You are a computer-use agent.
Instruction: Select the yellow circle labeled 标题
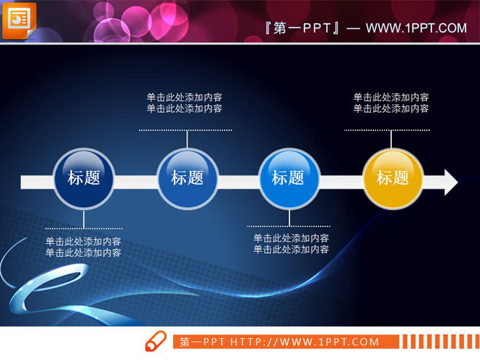click(x=393, y=178)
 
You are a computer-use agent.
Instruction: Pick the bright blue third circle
click(x=289, y=178)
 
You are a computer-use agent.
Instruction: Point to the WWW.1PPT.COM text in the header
click(x=416, y=28)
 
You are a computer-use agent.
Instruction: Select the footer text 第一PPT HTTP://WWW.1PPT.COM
click(x=279, y=342)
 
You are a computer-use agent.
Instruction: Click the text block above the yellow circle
click(x=391, y=103)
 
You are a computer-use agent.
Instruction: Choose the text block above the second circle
click(x=185, y=103)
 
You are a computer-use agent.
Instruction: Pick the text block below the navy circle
click(x=84, y=247)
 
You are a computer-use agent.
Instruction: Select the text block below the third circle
click(x=291, y=244)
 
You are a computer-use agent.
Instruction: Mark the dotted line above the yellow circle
click(x=391, y=130)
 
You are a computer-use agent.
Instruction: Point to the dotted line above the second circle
click(x=185, y=130)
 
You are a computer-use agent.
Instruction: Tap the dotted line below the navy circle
click(x=84, y=230)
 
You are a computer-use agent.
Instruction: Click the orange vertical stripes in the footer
click(x=439, y=341)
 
